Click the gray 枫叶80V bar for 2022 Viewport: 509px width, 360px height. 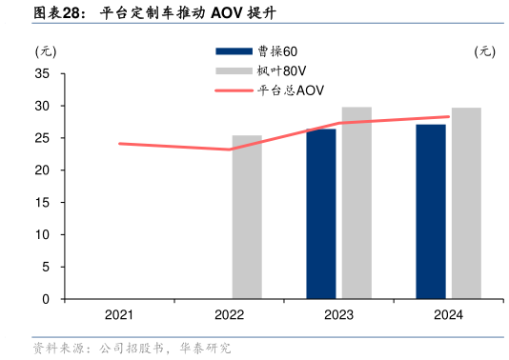click(x=247, y=217)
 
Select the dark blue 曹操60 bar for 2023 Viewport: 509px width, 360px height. click(x=321, y=214)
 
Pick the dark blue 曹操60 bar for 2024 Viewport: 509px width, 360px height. click(x=431, y=211)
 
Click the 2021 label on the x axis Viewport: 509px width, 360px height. click(x=119, y=315)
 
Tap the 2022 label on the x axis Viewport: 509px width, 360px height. click(x=229, y=315)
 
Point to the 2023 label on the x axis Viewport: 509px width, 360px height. click(x=339, y=315)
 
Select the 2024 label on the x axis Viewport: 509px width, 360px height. click(x=449, y=315)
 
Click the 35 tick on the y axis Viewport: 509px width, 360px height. click(x=43, y=74)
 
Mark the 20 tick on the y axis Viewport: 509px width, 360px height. click(x=43, y=170)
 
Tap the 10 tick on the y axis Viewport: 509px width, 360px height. click(x=43, y=235)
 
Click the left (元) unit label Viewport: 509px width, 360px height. click(x=46, y=51)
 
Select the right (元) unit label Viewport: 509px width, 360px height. click(x=484, y=51)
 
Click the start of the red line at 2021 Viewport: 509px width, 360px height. click(x=119, y=144)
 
